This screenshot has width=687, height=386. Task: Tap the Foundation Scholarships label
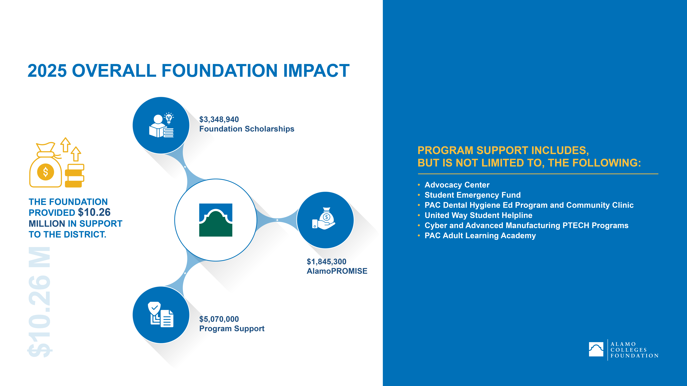(247, 129)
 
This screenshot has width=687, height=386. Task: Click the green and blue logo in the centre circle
(216, 220)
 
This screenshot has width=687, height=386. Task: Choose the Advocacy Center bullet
(457, 185)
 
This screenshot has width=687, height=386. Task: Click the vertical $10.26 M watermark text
(40, 302)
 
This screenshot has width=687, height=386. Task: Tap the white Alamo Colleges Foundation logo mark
(596, 349)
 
